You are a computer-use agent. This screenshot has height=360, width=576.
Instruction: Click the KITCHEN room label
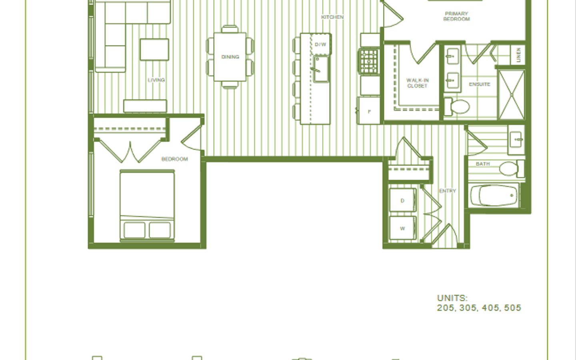tap(332, 17)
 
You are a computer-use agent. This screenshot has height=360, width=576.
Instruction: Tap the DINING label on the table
tap(230, 57)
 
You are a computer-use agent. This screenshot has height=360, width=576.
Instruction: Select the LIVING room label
tap(156, 80)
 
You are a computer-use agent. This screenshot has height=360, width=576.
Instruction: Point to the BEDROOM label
tap(174, 159)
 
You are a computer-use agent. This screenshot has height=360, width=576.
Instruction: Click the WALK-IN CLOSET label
tap(417, 83)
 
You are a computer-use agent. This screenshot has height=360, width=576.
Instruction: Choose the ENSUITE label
tap(480, 84)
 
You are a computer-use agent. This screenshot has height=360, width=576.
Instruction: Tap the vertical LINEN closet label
tap(518, 55)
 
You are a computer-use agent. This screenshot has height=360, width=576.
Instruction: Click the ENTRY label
tap(448, 191)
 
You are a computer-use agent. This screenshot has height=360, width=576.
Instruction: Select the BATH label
tap(483, 164)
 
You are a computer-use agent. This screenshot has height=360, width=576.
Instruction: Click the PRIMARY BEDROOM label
tap(456, 16)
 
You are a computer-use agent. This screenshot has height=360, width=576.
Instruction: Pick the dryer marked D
tap(403, 200)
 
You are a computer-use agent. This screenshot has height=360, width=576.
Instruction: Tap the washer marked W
tap(403, 228)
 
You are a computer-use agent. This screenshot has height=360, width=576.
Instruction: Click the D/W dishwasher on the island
tap(320, 44)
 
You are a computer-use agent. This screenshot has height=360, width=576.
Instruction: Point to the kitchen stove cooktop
tap(369, 62)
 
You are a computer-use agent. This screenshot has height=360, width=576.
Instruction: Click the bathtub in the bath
tap(494, 196)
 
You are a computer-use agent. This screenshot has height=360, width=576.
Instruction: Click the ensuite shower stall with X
tap(511, 95)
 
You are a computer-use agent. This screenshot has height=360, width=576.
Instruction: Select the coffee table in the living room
tap(154, 50)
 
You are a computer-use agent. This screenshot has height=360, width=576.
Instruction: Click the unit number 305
tap(468, 308)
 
